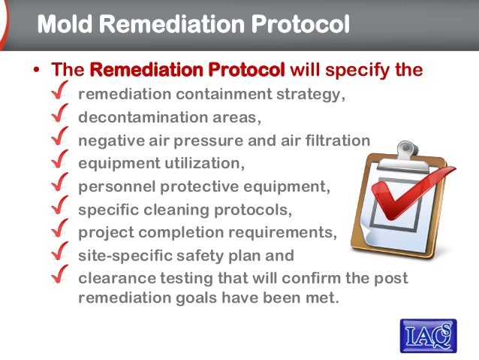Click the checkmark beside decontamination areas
point(65,118)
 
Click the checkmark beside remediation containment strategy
point(65,95)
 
